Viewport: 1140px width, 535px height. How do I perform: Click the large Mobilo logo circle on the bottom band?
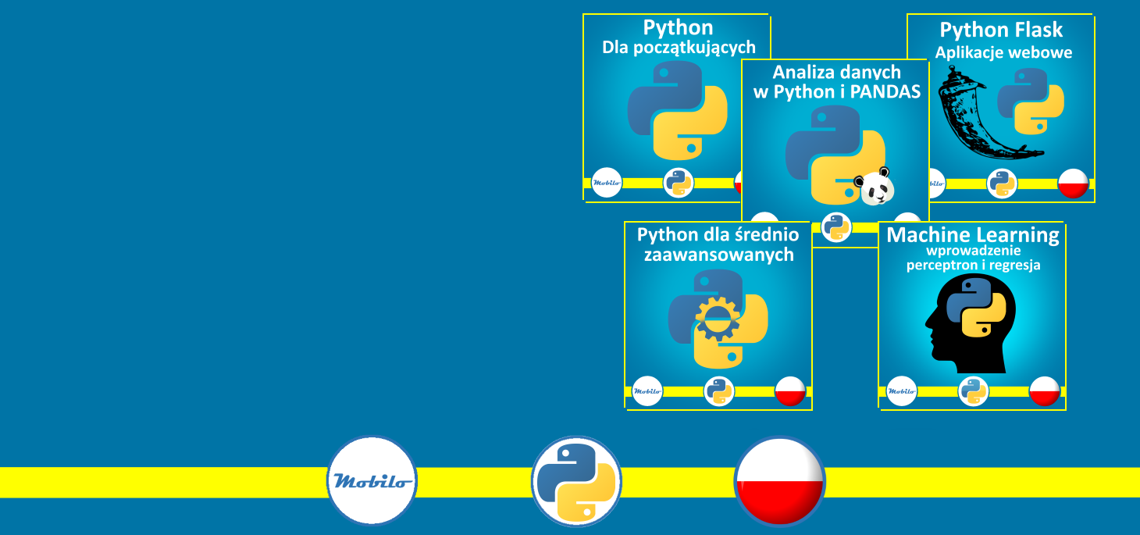(372, 480)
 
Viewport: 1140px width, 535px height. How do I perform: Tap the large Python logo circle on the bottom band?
(576, 481)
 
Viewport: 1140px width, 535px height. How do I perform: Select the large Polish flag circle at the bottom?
(779, 481)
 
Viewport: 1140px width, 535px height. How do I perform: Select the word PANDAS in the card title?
(884, 91)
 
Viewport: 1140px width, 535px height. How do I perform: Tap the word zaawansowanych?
(718, 255)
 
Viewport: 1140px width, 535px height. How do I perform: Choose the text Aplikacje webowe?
(1003, 53)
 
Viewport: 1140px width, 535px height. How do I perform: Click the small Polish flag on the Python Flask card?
(1073, 184)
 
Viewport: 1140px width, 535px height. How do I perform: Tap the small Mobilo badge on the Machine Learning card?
(902, 391)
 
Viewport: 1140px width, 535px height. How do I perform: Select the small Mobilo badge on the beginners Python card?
(607, 184)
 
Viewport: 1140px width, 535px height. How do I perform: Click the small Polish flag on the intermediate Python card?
(790, 391)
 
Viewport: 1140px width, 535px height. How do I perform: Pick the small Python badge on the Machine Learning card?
(974, 391)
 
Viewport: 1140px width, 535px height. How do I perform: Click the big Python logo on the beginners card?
(678, 110)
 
